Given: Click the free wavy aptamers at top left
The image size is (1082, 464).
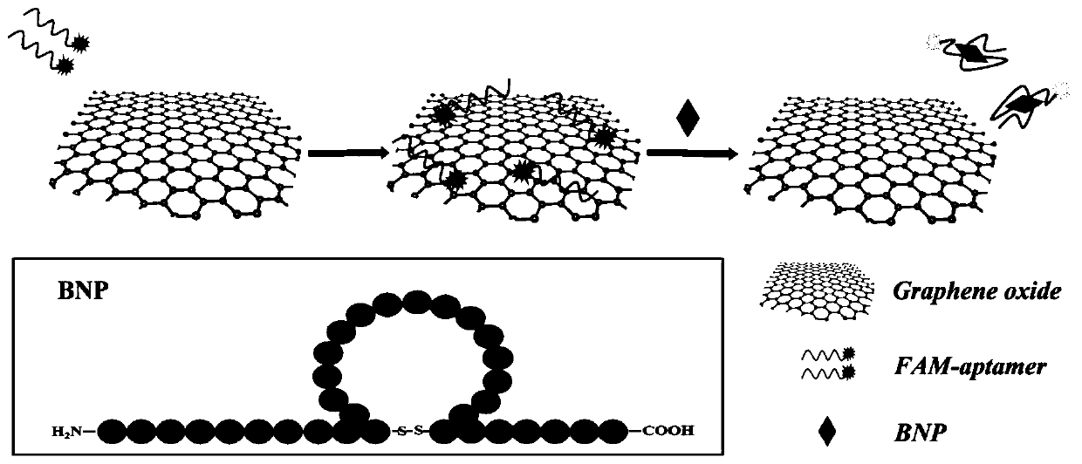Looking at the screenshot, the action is pos(49,44).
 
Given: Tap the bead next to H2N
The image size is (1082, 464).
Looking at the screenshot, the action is pos(117,430).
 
